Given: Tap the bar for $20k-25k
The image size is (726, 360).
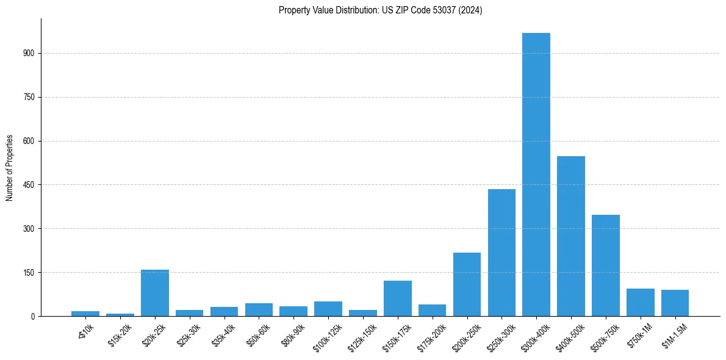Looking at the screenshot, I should (155, 293).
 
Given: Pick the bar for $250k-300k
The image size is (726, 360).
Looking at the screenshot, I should (501, 253).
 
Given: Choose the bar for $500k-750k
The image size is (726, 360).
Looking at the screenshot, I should (606, 265).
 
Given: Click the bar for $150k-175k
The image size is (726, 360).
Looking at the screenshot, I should (398, 298).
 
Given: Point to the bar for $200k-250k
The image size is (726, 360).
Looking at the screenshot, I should (467, 284).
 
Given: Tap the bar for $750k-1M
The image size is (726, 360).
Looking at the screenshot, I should (640, 303).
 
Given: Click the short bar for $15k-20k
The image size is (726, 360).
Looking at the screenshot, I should (120, 314).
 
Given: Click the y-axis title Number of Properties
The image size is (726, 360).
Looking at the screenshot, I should (10, 167).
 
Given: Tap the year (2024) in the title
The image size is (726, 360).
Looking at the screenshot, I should (471, 10).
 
